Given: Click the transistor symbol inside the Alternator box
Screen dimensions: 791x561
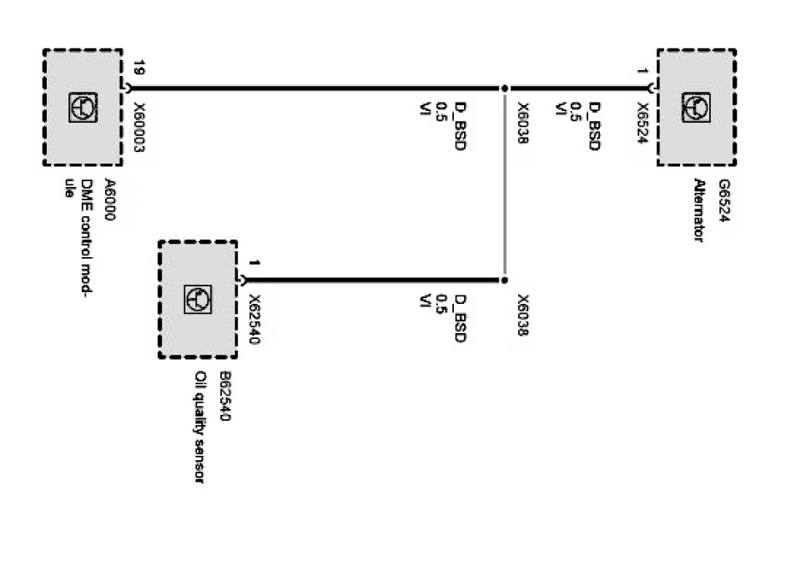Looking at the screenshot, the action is coord(696,106).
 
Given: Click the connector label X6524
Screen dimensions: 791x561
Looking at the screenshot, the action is coord(642,124).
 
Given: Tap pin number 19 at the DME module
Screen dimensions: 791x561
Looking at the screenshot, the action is coord(139,68).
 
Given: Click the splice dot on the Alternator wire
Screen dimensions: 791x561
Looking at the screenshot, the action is coord(505,87).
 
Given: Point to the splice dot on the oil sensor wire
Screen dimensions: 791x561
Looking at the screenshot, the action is coord(505,280).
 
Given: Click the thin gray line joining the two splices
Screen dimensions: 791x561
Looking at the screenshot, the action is coord(505,184).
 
